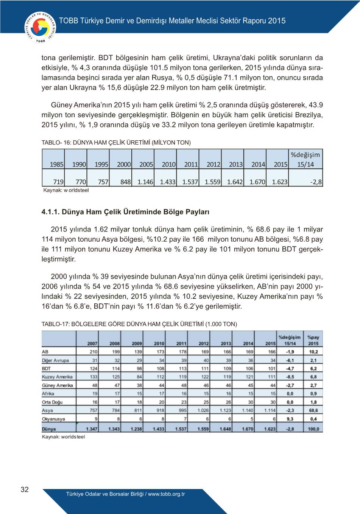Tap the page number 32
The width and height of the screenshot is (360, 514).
tap(25, 489)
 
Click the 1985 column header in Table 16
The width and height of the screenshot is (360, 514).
tap(57, 164)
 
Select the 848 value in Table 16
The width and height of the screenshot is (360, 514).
tap(125, 182)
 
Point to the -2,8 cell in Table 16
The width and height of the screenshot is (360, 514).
tap(316, 182)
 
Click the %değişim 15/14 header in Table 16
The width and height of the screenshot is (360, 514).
tap(305, 159)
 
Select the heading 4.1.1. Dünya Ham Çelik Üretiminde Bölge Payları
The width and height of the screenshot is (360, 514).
tap(125, 212)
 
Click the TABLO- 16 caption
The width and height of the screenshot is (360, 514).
tap(116, 143)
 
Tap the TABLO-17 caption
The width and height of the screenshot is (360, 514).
tap(139, 324)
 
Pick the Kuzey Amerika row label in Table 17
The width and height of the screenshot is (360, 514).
tap(57, 377)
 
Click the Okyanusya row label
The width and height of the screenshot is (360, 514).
tap(53, 419)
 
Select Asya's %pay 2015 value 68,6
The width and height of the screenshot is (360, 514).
tap(313, 410)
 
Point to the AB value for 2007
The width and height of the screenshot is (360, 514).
tap(93, 352)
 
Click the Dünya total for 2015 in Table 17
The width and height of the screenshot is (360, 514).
tap(270, 429)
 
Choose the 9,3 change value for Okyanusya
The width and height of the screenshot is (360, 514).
tap(290, 419)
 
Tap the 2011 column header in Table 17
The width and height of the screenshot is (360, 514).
tap(181, 343)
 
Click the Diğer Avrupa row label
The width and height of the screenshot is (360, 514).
tap(55, 360)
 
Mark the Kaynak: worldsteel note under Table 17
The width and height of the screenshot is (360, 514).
tap(63, 437)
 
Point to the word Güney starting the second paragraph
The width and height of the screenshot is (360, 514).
tap(61, 105)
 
